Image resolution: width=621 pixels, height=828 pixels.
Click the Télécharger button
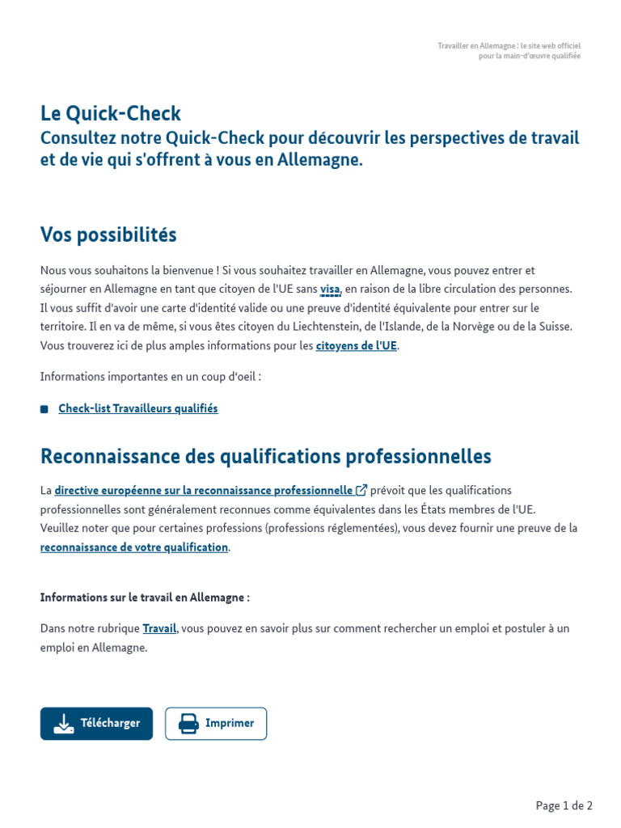pos(96,724)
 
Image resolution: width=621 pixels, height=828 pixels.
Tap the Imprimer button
pos(216,724)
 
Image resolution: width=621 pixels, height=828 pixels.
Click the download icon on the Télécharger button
pos(64,724)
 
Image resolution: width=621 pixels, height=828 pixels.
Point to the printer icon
pos(188,724)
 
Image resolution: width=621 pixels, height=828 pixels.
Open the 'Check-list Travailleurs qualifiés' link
pos(138,408)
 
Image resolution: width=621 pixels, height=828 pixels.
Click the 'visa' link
pos(330,289)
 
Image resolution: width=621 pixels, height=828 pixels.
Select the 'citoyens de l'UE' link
pos(357,345)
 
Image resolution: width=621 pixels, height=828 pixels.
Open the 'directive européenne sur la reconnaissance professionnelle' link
pos(203,490)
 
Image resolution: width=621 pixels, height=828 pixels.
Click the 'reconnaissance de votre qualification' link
pos(134,547)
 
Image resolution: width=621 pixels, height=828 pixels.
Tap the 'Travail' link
pos(159,628)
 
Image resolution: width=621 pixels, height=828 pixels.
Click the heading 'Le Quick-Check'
pos(111,114)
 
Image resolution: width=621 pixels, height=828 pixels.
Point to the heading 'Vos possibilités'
pos(108,235)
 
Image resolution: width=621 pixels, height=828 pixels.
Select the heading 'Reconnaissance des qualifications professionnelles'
pos(265,457)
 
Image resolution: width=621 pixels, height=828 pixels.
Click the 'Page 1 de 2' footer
pos(564,805)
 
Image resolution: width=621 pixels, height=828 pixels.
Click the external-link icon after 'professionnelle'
pos(361,490)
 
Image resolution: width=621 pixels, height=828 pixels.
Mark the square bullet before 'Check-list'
pos(44,409)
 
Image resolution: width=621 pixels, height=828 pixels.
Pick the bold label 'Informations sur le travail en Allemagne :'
pos(145,598)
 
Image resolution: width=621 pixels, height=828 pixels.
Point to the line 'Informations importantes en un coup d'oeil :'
pos(150,376)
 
